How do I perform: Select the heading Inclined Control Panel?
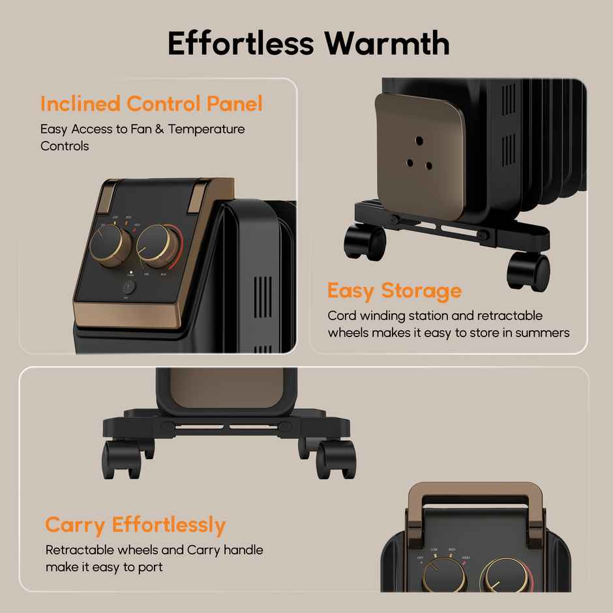pyautogui.click(x=151, y=104)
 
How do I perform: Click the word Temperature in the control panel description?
pyautogui.click(x=207, y=129)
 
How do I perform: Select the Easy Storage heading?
pyautogui.click(x=394, y=290)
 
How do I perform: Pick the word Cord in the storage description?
pyautogui.click(x=340, y=316)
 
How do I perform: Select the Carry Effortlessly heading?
pyautogui.click(x=136, y=525)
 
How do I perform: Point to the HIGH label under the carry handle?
pyautogui.click(x=466, y=558)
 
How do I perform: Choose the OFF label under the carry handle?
pyautogui.click(x=421, y=558)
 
